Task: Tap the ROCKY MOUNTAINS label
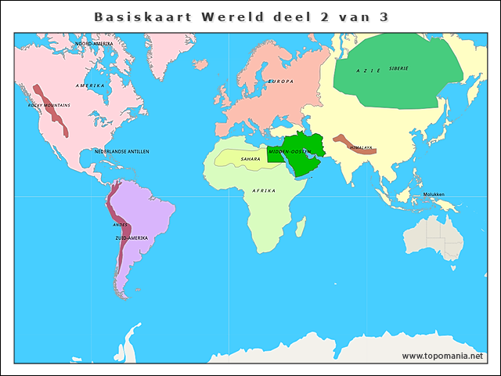(49, 105)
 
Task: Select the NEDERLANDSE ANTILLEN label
(122, 151)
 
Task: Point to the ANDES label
(121, 225)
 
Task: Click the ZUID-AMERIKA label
(132, 237)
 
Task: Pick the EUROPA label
(281, 81)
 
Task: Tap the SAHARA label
(250, 159)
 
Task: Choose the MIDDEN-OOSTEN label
(290, 150)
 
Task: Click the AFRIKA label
(264, 190)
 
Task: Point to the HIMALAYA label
(362, 147)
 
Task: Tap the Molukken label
(434, 194)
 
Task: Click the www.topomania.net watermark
(449, 356)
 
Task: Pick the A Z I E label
(369, 70)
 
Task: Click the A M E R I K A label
(90, 85)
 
